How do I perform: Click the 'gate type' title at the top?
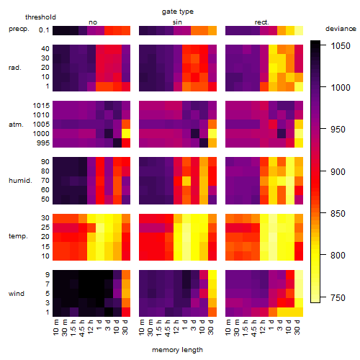click(178, 12)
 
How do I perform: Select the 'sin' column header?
click(177, 22)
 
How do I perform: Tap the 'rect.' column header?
click(261, 22)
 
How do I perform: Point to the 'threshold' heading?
click(40, 17)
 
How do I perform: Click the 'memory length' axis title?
click(178, 350)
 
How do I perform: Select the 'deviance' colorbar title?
click(341, 29)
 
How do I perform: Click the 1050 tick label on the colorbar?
click(341, 46)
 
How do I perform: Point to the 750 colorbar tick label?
click(338, 298)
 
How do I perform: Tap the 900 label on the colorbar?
click(338, 172)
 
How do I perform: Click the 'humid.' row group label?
click(20, 181)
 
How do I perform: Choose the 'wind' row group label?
click(17, 294)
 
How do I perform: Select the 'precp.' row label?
click(19, 30)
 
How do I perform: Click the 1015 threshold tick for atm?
click(41, 106)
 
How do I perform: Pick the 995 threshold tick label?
click(43, 143)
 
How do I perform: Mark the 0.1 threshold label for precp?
click(44, 30)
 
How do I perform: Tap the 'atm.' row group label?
click(16, 125)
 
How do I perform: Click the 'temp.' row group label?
click(18, 236)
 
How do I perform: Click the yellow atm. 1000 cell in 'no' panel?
click(126, 134)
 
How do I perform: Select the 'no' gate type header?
click(93, 22)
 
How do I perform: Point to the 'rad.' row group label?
click(15, 68)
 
